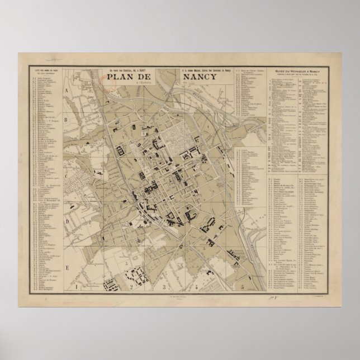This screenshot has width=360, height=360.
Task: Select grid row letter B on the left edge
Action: click(65, 119)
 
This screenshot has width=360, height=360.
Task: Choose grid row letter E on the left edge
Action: click(65, 268)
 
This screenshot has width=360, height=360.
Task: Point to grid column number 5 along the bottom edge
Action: click(241, 287)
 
